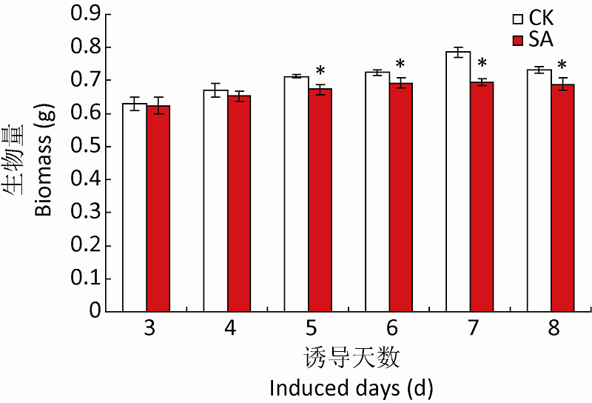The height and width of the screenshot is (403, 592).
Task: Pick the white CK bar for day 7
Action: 458,181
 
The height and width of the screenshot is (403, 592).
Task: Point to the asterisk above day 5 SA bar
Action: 320,72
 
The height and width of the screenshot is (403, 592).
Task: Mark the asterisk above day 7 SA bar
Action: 482,64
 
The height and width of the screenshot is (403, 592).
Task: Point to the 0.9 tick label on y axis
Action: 85,14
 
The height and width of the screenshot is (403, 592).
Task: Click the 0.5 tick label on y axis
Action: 85,146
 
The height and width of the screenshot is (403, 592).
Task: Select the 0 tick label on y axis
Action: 93,311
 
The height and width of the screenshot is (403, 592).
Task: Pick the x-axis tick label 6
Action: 391,328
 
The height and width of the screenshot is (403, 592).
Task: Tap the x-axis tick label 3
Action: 149,328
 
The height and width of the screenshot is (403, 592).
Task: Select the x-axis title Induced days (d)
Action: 351,387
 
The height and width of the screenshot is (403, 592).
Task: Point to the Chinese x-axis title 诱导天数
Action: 351,359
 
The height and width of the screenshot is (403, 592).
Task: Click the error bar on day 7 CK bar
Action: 458,53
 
